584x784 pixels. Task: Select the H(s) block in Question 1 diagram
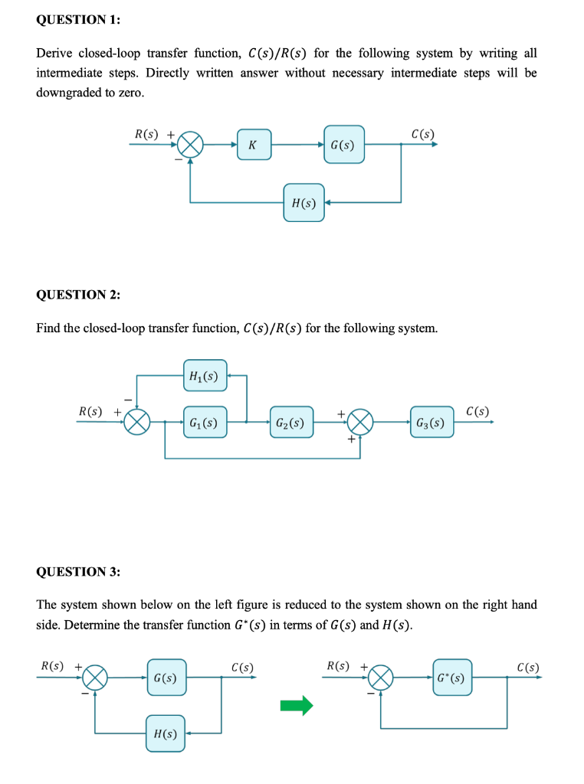coord(303,203)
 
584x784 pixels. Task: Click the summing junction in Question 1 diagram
coord(190,143)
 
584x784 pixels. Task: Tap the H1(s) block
coord(205,376)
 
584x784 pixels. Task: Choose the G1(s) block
coord(205,422)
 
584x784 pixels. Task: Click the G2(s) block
coord(291,422)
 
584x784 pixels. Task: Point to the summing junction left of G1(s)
coord(138,421)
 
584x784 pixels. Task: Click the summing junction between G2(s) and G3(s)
coord(360,421)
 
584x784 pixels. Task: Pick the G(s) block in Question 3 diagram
coord(166,678)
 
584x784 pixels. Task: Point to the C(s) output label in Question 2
coord(477,410)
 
